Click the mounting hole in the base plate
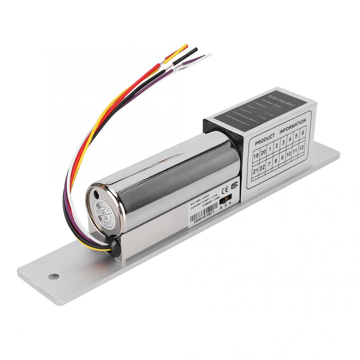point(52,276)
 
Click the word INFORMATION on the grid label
point(293,126)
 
